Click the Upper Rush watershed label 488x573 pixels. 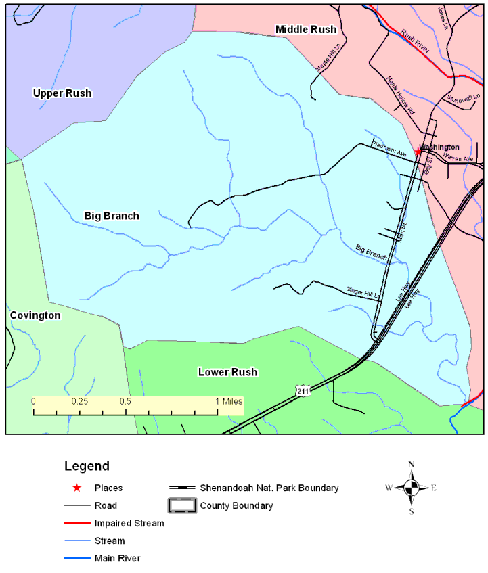[62, 93]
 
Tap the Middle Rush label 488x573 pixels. [305, 29]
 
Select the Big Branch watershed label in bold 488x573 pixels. [112, 216]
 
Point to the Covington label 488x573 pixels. [35, 315]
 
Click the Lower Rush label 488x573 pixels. [227, 372]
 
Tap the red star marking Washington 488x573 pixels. [418, 152]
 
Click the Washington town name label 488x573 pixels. [439, 147]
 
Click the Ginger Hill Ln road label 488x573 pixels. [363, 292]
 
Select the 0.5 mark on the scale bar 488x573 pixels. [125, 400]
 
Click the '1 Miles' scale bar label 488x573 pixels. [229, 400]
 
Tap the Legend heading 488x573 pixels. [87, 466]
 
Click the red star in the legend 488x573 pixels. [77, 488]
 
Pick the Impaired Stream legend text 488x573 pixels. [129, 523]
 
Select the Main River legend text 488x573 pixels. [117, 558]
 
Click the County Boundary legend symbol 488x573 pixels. [183, 505]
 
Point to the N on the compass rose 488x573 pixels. [411, 465]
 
